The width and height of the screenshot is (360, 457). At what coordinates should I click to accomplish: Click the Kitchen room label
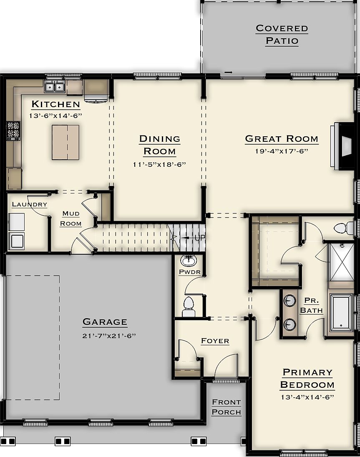pos(55,104)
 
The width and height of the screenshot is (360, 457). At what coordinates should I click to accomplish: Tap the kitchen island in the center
pos(65,142)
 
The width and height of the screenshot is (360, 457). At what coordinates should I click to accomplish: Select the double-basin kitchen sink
pos(55,87)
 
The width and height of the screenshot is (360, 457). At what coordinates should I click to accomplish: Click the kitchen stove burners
pos(13,130)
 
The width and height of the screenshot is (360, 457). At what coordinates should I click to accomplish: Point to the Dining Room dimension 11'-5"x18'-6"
pos(159,165)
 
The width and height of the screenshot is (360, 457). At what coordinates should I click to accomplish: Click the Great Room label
pos(282,139)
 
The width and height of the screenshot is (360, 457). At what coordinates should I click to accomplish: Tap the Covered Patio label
pos(282,35)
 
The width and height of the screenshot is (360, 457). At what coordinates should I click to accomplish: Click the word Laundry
pos(29,204)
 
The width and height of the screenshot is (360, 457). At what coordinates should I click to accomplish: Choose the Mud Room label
pos(71,218)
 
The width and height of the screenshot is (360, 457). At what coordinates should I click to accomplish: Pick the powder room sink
pos(189,261)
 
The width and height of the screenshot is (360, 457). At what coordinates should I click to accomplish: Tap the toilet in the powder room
pos(189,306)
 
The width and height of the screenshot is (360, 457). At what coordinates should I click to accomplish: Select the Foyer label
pos(215,341)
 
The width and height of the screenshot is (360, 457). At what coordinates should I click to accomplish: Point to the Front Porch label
pos(226,407)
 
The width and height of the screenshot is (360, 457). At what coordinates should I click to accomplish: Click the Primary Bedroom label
pos(307,378)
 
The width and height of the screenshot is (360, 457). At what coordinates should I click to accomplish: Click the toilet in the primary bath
pos(344,228)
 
